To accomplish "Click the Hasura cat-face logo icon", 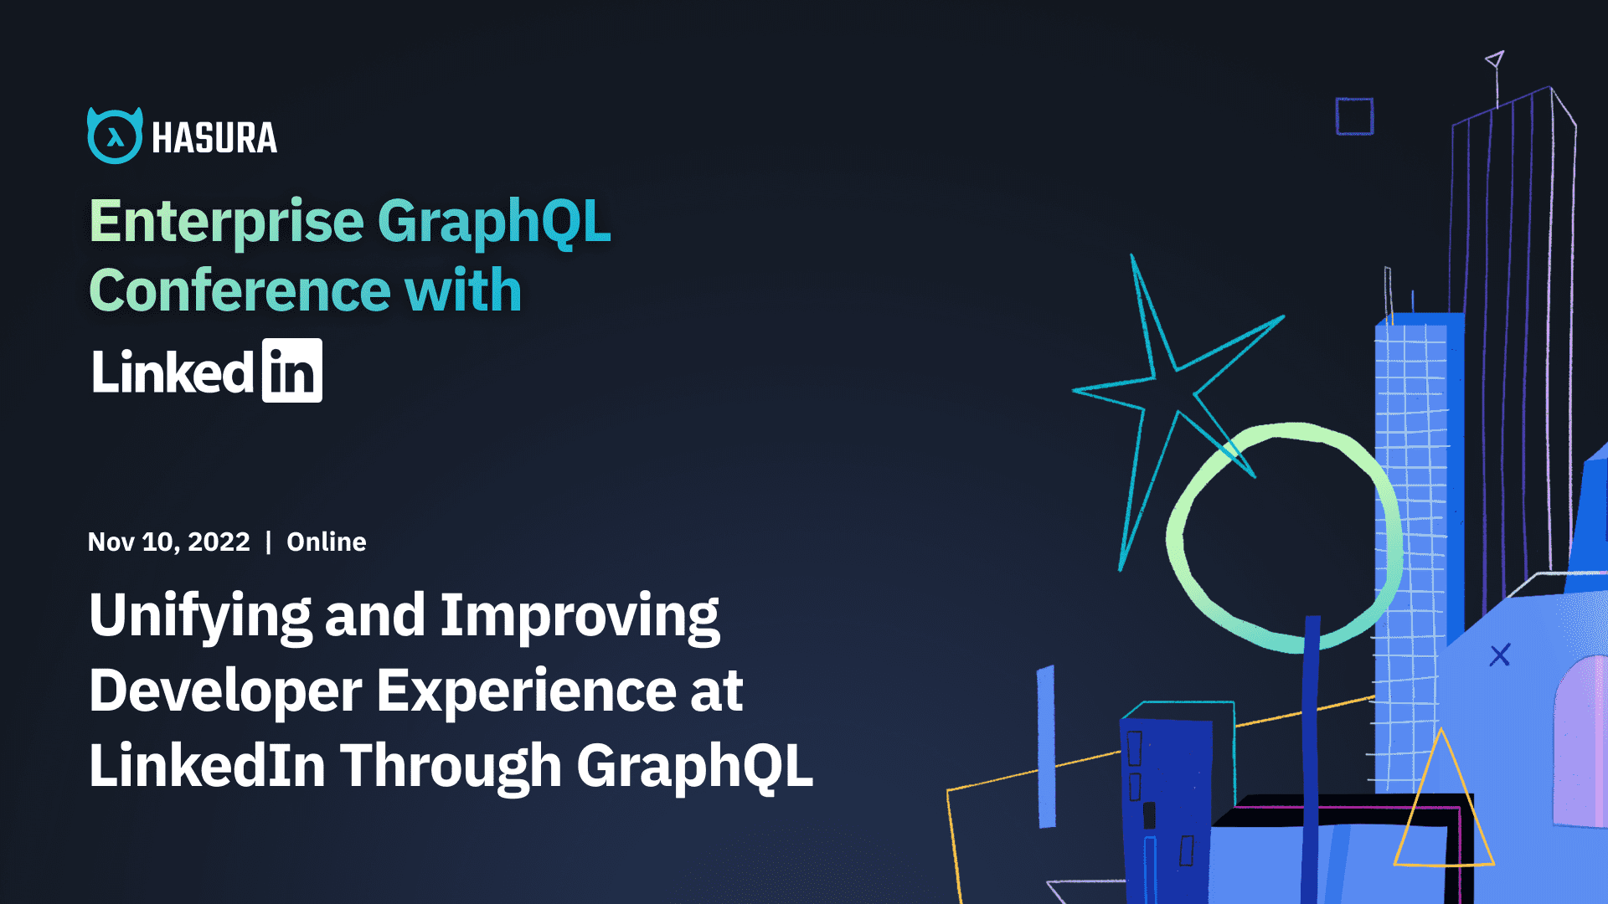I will pyautogui.click(x=115, y=136).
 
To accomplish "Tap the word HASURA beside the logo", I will pyautogui.click(x=214, y=138).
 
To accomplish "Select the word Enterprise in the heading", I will pyautogui.click(x=226, y=222).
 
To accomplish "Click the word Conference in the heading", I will pyautogui.click(x=240, y=291).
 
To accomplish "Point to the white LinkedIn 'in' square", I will pyautogui.click(x=291, y=371).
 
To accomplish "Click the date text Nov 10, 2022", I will pyautogui.click(x=168, y=542).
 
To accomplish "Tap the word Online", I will pyautogui.click(x=326, y=542).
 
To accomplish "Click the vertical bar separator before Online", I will pyautogui.click(x=268, y=542).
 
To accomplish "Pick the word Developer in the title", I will pyautogui.click(x=225, y=691).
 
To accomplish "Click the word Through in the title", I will pyautogui.click(x=451, y=767).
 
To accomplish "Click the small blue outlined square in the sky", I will pyautogui.click(x=1354, y=116).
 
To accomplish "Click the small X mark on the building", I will pyautogui.click(x=1499, y=655).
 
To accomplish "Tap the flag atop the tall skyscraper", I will pyautogui.click(x=1495, y=59).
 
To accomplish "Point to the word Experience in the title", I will pyautogui.click(x=526, y=691).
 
